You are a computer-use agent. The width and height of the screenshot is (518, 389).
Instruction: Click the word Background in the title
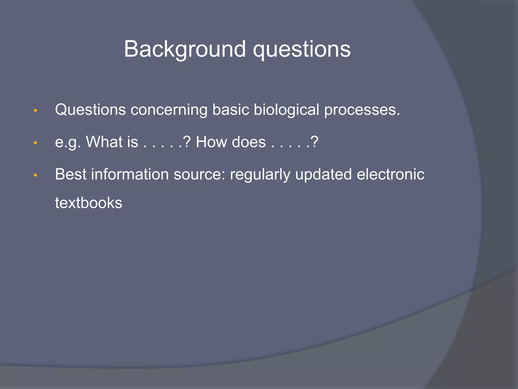click(185, 49)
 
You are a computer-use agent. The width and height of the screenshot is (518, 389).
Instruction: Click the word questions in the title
click(301, 49)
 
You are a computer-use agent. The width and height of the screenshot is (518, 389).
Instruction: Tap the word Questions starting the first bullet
click(90, 110)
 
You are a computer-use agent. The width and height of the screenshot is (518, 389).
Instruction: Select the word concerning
click(169, 110)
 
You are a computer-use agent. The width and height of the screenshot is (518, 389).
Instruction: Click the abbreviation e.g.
click(68, 142)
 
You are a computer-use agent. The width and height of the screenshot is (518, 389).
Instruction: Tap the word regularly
click(260, 175)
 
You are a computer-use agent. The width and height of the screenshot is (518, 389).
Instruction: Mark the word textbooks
click(89, 203)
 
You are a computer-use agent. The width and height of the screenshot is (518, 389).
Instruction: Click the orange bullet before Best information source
click(35, 175)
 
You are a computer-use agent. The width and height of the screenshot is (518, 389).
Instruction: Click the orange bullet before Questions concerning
click(35, 111)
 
